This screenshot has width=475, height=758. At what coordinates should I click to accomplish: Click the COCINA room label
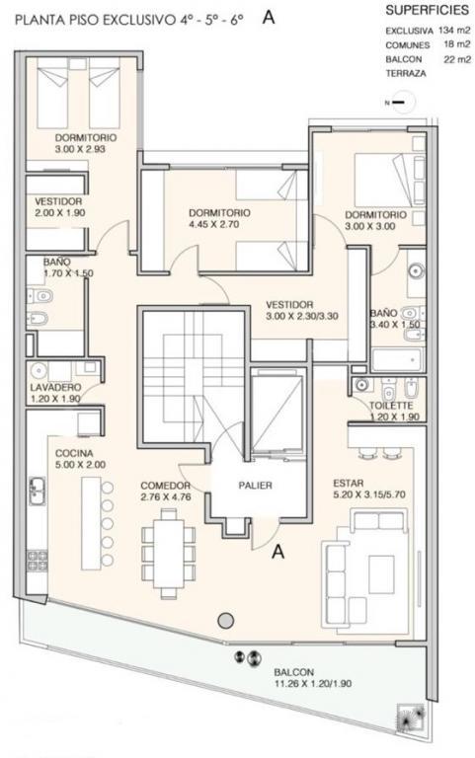coord(74,453)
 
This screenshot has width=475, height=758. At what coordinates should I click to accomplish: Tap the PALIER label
coord(255,486)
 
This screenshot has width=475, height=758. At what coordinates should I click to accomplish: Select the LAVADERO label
coord(55,388)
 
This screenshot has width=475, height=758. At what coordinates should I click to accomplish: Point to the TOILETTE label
coord(391,406)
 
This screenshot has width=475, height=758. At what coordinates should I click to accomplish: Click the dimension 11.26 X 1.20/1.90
coord(312,684)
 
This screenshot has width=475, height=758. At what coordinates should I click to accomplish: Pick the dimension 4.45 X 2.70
coord(214,224)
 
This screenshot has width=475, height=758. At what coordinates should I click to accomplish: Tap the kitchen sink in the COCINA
coord(37,491)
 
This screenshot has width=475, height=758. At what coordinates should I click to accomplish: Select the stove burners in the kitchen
coord(38,561)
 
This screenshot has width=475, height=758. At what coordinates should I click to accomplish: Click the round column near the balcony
coord(225,620)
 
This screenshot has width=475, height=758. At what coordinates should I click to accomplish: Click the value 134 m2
coord(454,30)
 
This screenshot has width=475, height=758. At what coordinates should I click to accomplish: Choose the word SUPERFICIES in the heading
coord(428,10)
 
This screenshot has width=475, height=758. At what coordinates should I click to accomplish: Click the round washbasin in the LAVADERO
coord(38,371)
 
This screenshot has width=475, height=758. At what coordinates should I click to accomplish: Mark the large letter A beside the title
coord(269,18)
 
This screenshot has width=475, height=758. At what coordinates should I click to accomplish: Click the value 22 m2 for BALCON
coord(457,59)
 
